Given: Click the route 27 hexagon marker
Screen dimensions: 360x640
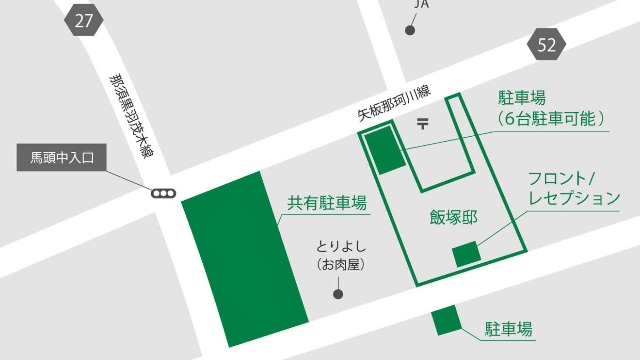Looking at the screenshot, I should [x=84, y=20].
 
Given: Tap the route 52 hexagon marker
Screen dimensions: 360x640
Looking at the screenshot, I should [x=546, y=44].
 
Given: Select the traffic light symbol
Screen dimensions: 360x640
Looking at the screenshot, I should [x=163, y=193].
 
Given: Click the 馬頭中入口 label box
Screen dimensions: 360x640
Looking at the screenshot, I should [x=61, y=157].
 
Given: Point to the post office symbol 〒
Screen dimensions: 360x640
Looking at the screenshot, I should [x=422, y=123].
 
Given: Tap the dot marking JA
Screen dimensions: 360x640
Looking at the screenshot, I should [x=410, y=30].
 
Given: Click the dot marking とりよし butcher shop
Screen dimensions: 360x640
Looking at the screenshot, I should [x=338, y=294].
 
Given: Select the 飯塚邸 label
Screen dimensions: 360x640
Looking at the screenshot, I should [x=453, y=217].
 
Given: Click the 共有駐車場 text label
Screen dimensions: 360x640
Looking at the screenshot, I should [x=327, y=203].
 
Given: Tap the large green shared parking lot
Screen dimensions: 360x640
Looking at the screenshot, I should [x=244, y=259].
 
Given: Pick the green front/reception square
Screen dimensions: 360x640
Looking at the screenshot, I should [x=466, y=254].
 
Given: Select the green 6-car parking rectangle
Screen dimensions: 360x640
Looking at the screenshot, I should [x=385, y=150].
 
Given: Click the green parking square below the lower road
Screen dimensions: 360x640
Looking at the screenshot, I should [x=446, y=320].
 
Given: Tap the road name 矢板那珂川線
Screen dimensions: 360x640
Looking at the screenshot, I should [x=394, y=103].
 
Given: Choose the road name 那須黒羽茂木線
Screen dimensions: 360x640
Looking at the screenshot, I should [x=131, y=116].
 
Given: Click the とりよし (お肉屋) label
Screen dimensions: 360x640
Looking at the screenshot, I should [x=341, y=255].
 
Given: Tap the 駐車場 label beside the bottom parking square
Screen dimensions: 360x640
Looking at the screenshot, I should [x=508, y=329].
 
